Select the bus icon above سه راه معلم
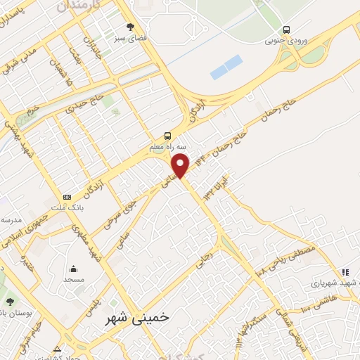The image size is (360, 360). (167, 136)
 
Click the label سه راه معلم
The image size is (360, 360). (167, 148)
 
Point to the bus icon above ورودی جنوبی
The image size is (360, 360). (286, 30)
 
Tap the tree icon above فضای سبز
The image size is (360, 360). (129, 27)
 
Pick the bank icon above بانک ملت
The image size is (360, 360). (67, 197)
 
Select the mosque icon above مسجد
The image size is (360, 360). (74, 268)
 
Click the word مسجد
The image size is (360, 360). (74, 279)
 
